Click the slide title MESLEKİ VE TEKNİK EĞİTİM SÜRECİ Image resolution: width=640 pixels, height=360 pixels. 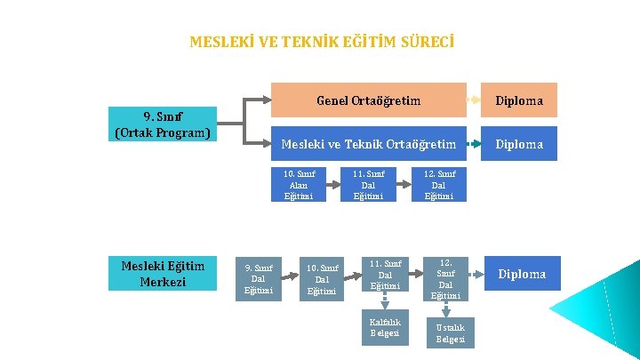[x=322, y=42]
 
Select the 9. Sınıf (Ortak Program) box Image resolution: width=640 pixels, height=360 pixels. [x=162, y=124]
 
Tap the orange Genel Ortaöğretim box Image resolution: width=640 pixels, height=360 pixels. [x=368, y=100]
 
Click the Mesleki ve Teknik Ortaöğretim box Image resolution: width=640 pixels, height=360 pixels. [x=368, y=144]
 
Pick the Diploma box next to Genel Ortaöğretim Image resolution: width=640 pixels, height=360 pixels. [x=519, y=100]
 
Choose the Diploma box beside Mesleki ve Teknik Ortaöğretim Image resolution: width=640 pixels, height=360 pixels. [x=519, y=144]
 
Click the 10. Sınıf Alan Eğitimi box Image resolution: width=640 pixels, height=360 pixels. [x=299, y=185]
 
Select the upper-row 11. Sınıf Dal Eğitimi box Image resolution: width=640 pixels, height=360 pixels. [x=368, y=185]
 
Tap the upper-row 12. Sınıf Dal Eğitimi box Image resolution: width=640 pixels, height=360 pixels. [x=439, y=185]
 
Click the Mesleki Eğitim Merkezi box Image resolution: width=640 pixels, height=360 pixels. [x=162, y=274]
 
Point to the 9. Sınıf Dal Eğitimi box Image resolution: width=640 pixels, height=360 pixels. [x=258, y=279]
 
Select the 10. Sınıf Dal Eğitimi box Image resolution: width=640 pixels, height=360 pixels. [x=322, y=279]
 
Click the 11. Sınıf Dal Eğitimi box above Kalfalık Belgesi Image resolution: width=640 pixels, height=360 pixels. [x=386, y=274]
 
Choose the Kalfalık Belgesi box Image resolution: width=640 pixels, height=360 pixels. [x=385, y=328]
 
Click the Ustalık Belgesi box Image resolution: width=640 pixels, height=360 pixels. [x=450, y=333]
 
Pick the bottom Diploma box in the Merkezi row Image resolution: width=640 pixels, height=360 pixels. [x=522, y=274]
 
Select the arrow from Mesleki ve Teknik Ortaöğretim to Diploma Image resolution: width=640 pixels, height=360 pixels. [x=474, y=144]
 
